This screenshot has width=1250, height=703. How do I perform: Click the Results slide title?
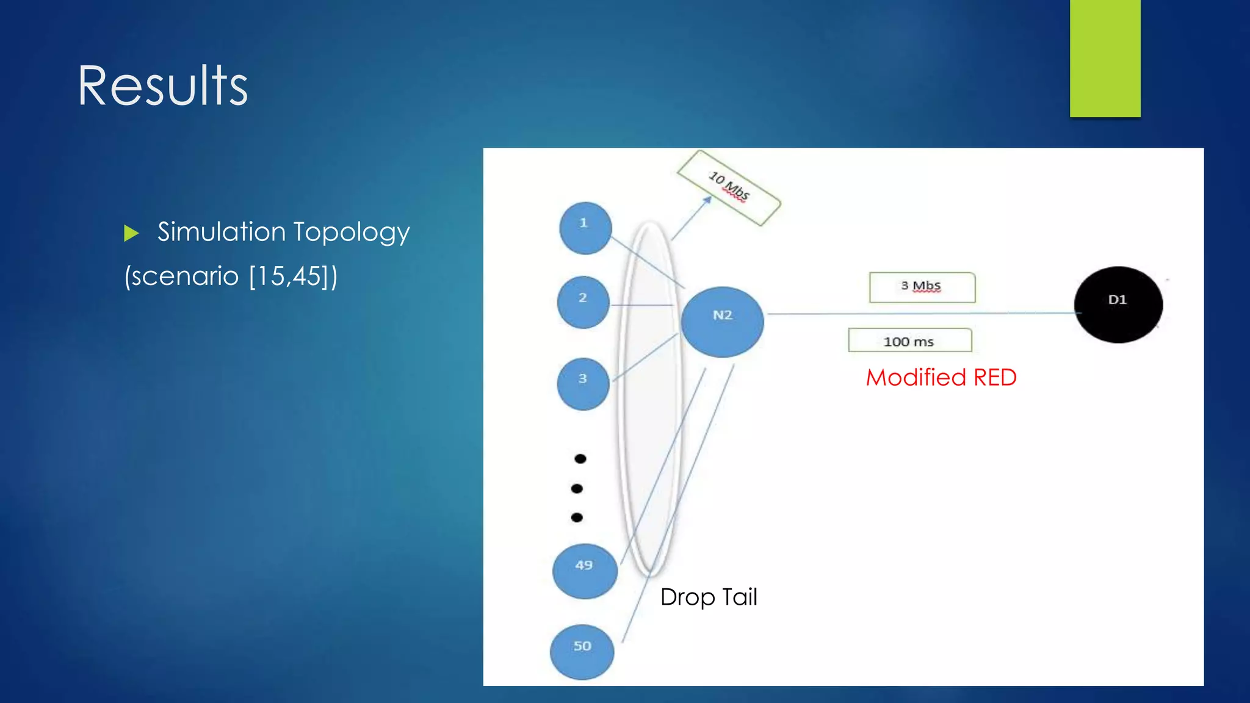pos(162,86)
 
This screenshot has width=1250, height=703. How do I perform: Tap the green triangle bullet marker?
pos(131,233)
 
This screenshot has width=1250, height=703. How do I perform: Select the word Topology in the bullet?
pos(352,233)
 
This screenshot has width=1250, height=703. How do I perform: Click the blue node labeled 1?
pos(585,228)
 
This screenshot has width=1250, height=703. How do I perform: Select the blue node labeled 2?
pos(583,302)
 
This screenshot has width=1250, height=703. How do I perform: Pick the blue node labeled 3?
pos(583,383)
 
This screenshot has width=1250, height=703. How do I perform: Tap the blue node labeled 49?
pos(585,571)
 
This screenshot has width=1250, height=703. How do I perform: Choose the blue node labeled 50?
pos(582,651)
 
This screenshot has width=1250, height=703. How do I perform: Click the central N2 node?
pos(722,321)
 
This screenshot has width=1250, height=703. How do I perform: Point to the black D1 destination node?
pos(1118,304)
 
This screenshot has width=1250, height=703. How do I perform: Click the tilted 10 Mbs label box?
pos(729,187)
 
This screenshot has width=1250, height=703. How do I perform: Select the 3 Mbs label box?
pos(922,287)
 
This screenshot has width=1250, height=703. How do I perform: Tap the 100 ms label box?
pos(909,341)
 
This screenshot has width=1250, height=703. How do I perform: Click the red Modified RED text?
pos(941,377)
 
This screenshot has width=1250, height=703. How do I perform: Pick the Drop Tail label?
pos(708,597)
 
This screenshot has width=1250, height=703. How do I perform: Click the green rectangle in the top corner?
pos(1105,58)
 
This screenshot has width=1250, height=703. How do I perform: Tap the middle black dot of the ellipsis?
pos(577,488)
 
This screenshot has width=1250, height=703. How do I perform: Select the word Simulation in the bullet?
pos(222,233)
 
